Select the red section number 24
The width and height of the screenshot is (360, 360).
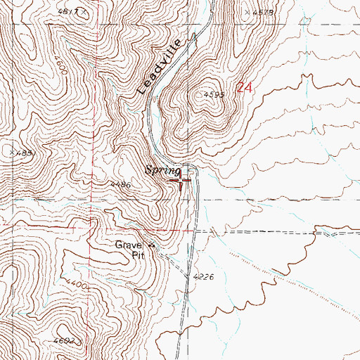tap(244, 88)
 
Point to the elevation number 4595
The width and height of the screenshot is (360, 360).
tap(214, 94)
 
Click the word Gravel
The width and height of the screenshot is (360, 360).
tap(129, 245)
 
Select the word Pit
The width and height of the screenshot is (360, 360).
tap(141, 256)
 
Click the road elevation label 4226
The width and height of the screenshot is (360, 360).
tap(202, 278)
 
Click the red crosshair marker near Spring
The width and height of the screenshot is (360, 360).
tap(181, 181)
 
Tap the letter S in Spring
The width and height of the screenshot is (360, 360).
tap(148, 169)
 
